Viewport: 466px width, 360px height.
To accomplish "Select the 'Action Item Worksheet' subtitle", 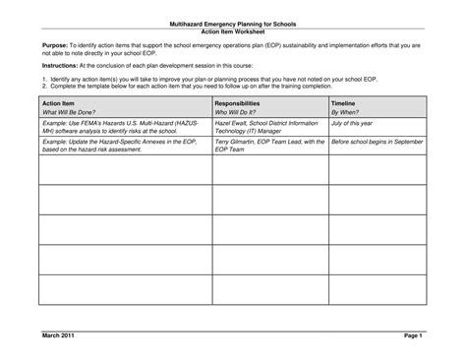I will tap(233, 30).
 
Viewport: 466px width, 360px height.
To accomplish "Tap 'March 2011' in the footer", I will tap(58, 336).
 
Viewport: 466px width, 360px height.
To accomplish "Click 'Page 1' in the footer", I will tap(412, 336).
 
